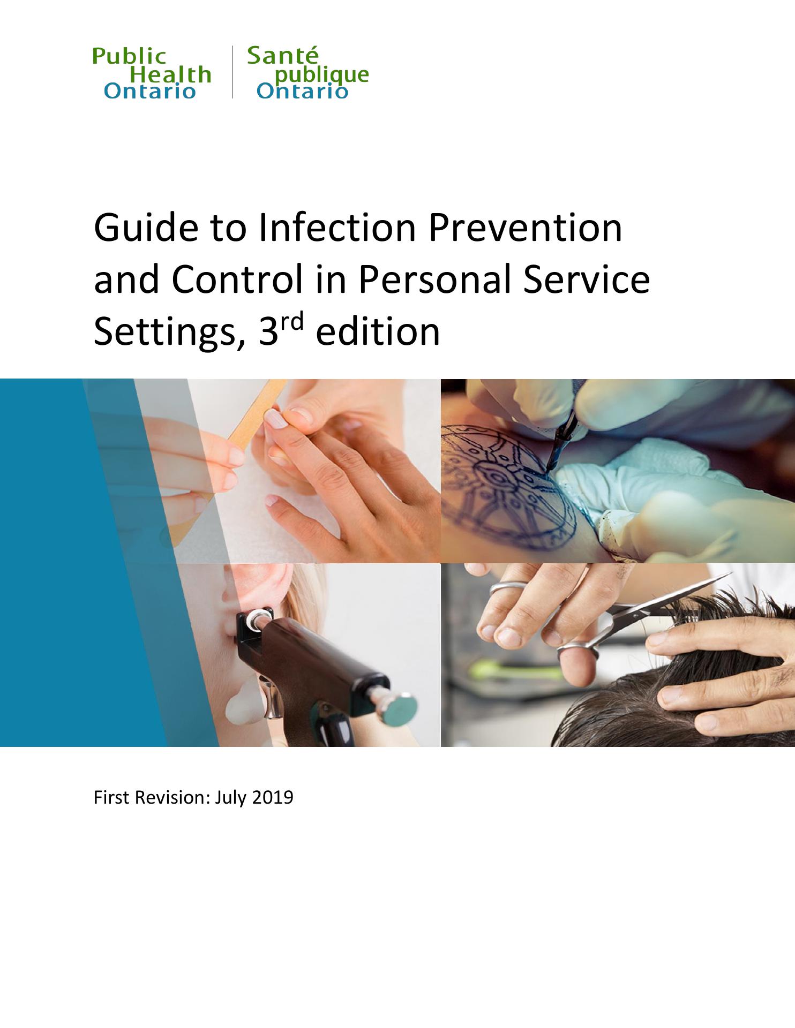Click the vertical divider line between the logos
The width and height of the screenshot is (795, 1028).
click(x=232, y=72)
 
